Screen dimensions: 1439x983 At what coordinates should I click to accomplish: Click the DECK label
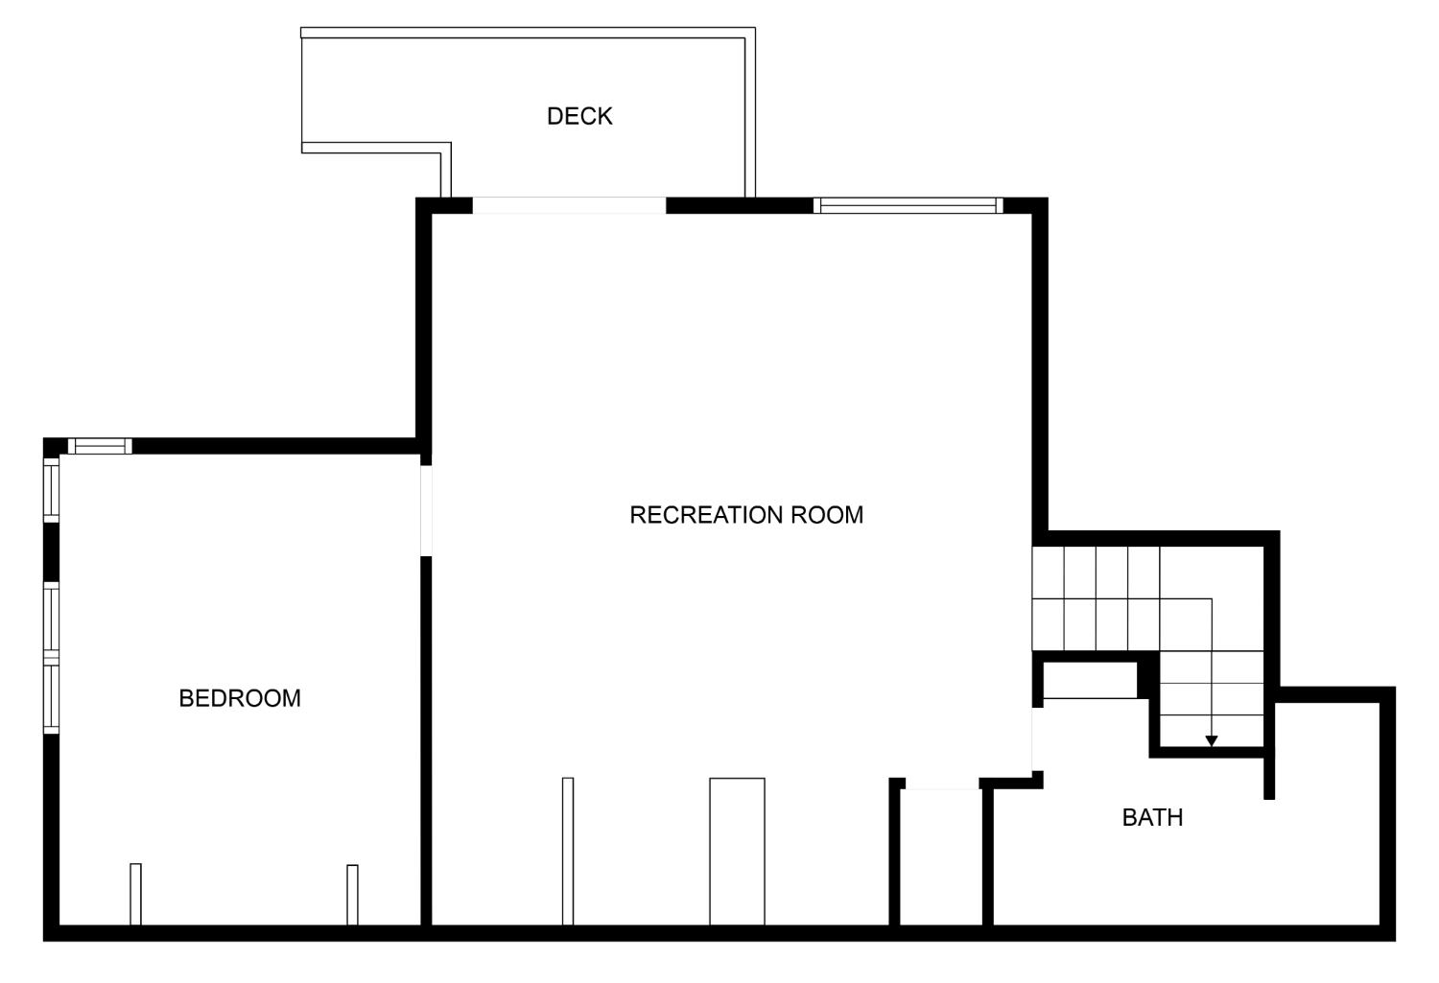pos(579,116)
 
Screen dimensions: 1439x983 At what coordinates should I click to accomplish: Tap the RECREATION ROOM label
pos(746,515)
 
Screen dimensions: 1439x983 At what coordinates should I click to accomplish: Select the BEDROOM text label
pos(240,698)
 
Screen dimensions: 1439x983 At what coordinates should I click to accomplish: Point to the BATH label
pos(1152,817)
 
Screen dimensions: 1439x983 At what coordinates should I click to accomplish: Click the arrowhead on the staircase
pos(1212,741)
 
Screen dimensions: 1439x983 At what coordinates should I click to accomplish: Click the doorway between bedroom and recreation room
pos(426,510)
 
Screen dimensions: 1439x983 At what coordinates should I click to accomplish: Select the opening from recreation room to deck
pos(569,205)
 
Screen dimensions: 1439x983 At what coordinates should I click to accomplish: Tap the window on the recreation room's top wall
pos(908,205)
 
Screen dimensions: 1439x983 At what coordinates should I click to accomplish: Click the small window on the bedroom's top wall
pos(100,446)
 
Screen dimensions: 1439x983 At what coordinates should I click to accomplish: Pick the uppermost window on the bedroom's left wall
pos(52,490)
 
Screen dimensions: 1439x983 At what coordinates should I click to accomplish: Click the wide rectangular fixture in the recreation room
pos(737,852)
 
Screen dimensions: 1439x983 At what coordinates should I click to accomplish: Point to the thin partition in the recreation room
pos(568,852)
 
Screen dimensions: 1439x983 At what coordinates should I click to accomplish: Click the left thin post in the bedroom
pos(135,895)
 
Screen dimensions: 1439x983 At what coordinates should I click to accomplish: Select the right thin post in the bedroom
pos(352,895)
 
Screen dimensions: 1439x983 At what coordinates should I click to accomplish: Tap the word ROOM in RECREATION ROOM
pos(827,515)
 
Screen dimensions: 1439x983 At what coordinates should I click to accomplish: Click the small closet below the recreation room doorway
pos(941,857)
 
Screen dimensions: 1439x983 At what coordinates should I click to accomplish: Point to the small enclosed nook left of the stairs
pos(1090,680)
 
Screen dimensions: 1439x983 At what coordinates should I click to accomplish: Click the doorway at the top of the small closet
pos(942,784)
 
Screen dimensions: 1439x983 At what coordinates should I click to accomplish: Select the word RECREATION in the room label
pos(706,515)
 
